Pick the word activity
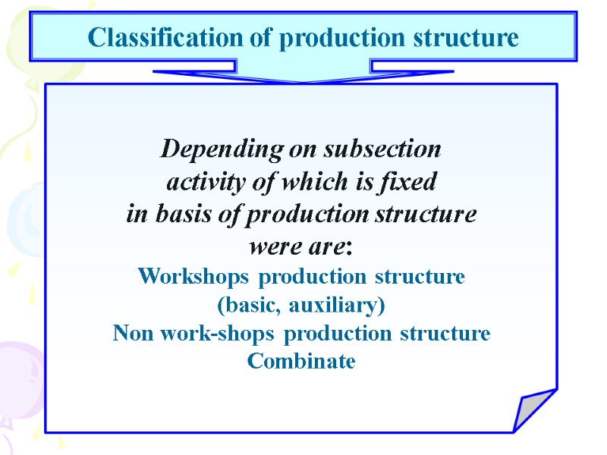pyautogui.click(x=200, y=183)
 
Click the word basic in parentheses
pyautogui.click(x=247, y=306)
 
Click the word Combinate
pyautogui.click(x=301, y=362)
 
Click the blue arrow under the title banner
pyautogui.click(x=303, y=74)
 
